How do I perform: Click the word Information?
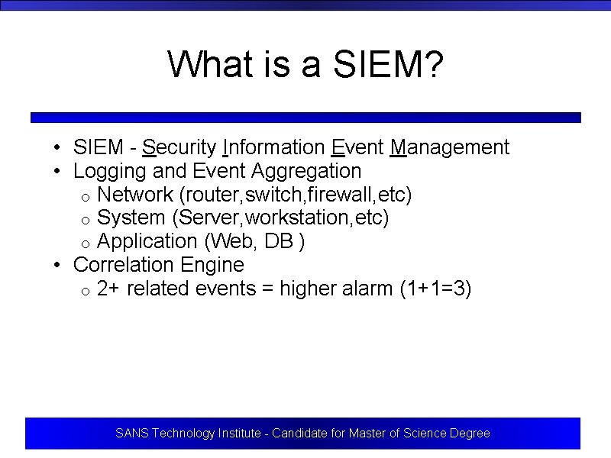click(273, 147)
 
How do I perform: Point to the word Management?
click(449, 147)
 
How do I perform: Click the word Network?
click(135, 195)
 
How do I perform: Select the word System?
click(131, 218)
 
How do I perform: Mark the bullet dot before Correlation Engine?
click(57, 266)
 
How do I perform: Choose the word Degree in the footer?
click(470, 434)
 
